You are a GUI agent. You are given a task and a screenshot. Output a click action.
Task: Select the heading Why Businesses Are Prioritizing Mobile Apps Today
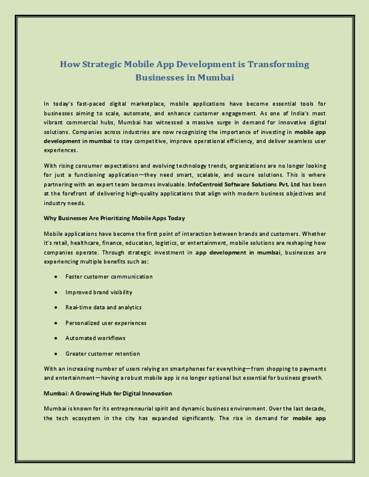click(114, 218)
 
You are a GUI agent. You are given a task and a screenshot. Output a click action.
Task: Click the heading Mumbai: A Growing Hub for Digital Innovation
click(108, 393)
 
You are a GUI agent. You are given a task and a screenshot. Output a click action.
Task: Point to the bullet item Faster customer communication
click(109, 277)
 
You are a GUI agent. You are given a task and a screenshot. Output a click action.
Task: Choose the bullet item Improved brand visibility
click(99, 292)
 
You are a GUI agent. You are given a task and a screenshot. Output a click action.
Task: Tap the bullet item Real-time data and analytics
click(103, 307)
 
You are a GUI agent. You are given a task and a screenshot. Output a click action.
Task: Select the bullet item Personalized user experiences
click(106, 323)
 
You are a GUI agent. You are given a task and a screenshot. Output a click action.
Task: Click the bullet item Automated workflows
click(95, 338)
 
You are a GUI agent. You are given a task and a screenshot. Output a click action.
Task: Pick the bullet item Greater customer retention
click(103, 353)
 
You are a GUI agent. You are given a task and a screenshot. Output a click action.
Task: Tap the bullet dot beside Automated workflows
click(56, 339)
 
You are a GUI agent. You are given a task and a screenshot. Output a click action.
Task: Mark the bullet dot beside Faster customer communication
click(56, 277)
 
